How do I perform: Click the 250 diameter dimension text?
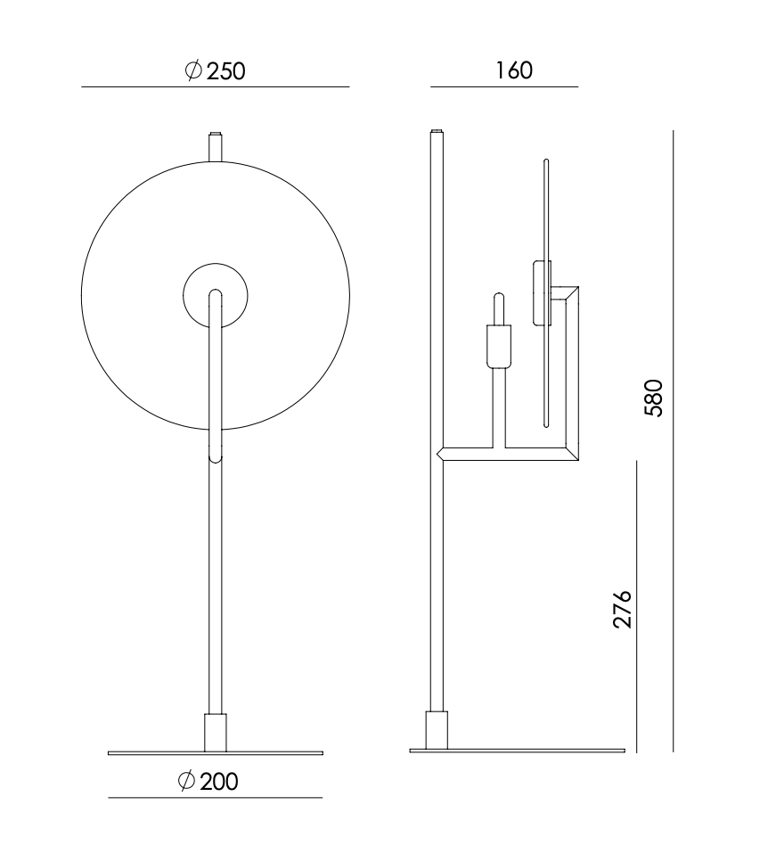point(216,70)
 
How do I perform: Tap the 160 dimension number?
point(514,70)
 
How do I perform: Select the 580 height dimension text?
point(654,398)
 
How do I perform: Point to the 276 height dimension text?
point(622,608)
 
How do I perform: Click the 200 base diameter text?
point(208,782)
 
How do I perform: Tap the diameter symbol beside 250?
point(193,70)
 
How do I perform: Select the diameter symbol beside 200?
point(186,781)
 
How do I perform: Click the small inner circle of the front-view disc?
point(216,264)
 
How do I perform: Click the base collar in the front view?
point(216,733)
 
